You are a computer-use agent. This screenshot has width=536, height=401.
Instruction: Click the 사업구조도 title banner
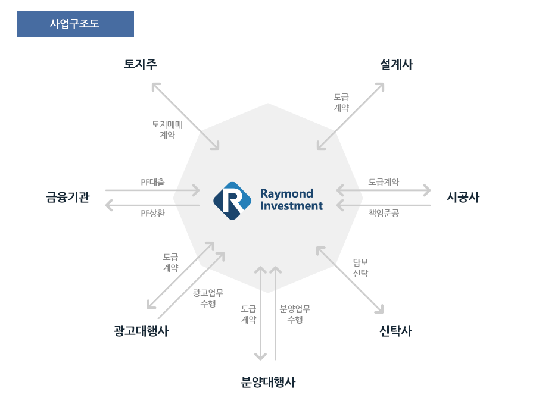tap(75, 24)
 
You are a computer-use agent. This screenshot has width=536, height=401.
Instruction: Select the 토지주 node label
tap(140, 64)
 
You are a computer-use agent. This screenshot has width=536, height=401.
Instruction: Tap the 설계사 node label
tap(397, 64)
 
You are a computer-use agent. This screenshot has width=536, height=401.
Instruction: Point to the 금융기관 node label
tap(68, 197)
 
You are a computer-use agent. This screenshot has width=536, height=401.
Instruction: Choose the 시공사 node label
tap(463, 197)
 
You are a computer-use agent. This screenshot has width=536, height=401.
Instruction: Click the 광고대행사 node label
tap(141, 331)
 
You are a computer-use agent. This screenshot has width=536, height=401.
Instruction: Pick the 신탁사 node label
tap(396, 331)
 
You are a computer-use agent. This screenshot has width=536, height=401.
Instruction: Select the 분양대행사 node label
tap(268, 382)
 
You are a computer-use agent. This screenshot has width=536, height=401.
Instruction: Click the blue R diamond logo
tap(232, 201)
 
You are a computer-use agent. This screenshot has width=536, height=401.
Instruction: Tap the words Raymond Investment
tap(291, 199)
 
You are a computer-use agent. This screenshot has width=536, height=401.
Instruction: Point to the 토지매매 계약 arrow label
tap(167, 130)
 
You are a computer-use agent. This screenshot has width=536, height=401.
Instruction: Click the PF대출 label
tap(153, 183)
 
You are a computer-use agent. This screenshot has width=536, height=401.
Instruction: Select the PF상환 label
tap(153, 213)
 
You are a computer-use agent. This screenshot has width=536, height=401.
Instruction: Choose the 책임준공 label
tap(384, 213)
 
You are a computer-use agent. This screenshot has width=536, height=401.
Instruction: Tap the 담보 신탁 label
tap(360, 268)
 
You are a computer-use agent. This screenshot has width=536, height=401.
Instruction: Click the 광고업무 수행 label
tap(208, 298)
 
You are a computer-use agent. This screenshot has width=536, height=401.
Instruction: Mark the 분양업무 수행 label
tap(295, 314)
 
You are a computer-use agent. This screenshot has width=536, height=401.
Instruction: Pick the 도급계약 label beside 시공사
tap(384, 183)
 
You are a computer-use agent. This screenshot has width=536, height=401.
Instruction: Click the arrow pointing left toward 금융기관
tap(152, 205)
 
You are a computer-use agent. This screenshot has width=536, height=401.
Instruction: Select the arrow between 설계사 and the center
tap(350, 116)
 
